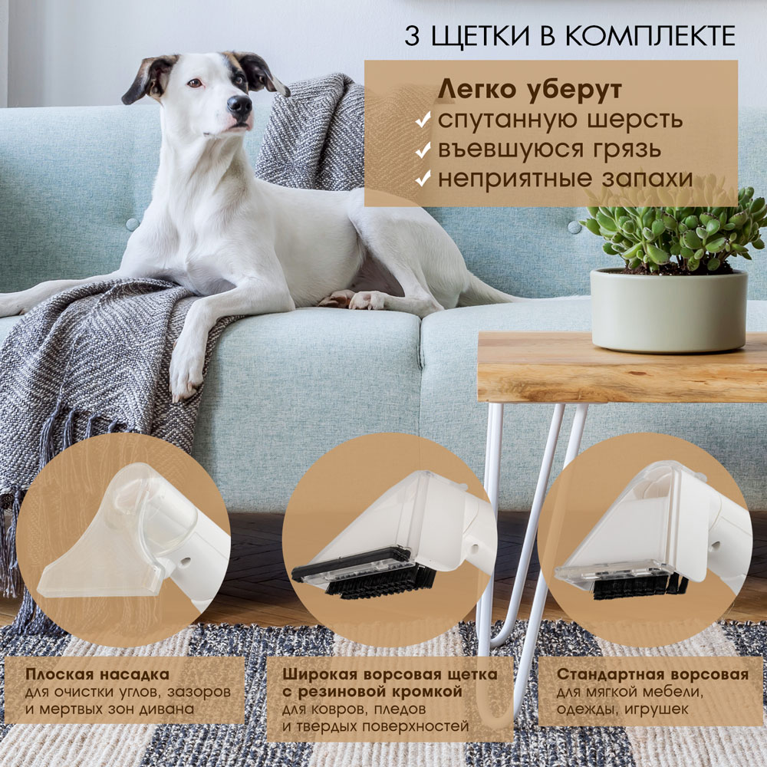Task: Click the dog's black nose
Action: coord(239,104)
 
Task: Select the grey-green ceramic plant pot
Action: coord(668,310)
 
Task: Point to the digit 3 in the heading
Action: coord(412,36)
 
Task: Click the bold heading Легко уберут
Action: coord(530,90)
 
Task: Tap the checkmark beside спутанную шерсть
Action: coord(423,120)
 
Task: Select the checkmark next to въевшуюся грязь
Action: coord(423,150)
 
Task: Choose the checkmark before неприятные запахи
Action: coord(423,179)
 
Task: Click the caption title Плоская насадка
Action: coord(97,674)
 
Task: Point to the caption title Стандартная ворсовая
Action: coord(653,674)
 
